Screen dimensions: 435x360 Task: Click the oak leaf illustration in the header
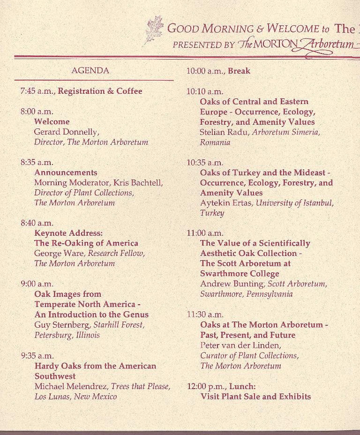point(154,30)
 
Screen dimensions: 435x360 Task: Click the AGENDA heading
point(90,71)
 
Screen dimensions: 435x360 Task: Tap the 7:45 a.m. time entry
point(37,91)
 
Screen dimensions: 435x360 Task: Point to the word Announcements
point(66,172)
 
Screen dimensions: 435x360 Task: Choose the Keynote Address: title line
point(68,233)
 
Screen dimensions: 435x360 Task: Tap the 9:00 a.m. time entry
point(37,284)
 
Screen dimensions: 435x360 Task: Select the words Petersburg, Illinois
point(67,335)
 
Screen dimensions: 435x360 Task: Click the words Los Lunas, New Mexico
point(75,397)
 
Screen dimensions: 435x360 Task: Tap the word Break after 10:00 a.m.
point(239,71)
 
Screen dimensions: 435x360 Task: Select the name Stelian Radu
point(225,132)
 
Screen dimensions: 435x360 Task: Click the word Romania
point(215,142)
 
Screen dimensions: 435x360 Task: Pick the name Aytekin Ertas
point(226,203)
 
